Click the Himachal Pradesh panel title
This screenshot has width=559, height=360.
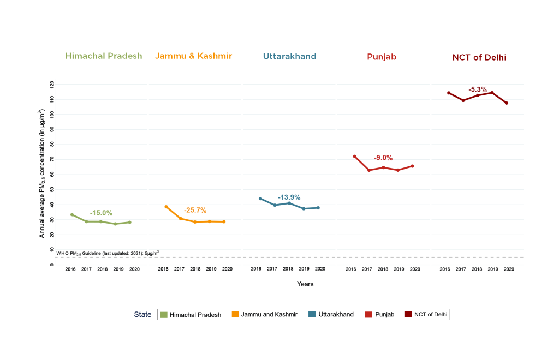(x=104, y=56)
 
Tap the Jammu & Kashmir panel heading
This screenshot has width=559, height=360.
(x=194, y=56)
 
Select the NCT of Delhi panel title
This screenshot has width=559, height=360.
(x=479, y=57)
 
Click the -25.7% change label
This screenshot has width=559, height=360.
(x=195, y=211)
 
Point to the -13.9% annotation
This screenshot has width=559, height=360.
(x=289, y=197)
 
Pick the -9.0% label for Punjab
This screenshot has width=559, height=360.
(x=383, y=158)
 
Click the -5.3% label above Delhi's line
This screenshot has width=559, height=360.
(x=478, y=89)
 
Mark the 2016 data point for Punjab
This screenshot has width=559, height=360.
(x=354, y=157)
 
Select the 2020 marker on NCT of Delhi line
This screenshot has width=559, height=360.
(x=507, y=103)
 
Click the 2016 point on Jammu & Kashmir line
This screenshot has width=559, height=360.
(x=166, y=207)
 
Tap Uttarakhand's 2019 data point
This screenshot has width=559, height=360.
(x=304, y=209)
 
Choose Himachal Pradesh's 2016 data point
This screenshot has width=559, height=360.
(x=72, y=215)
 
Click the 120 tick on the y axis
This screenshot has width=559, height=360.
(x=52, y=85)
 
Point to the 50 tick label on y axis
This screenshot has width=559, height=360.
(x=52, y=189)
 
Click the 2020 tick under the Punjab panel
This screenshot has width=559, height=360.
(x=415, y=269)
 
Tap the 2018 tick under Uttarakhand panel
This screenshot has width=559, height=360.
(x=288, y=269)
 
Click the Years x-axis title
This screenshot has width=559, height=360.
(x=305, y=284)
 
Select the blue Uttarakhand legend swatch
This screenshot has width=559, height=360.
(x=312, y=314)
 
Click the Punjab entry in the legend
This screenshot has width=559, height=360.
(x=380, y=314)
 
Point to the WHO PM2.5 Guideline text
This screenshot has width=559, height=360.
(x=108, y=253)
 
